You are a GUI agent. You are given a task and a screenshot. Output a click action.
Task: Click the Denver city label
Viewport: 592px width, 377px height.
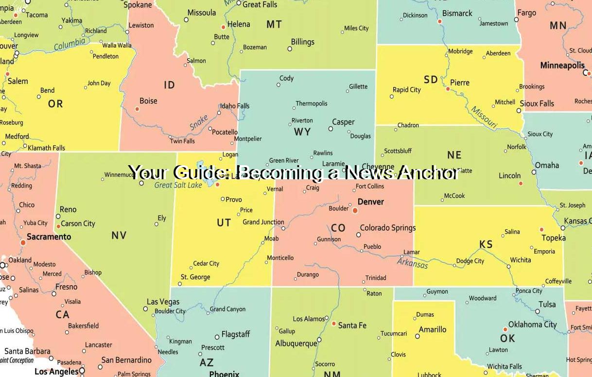click(x=370, y=202)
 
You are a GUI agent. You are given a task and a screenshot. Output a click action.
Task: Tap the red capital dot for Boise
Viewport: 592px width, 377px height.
click(x=137, y=109)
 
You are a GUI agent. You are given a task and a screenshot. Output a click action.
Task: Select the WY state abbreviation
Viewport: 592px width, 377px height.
click(x=302, y=132)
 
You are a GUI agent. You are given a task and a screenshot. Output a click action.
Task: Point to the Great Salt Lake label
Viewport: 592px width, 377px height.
click(x=178, y=185)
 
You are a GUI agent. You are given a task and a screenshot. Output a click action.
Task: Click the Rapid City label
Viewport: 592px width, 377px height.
click(x=406, y=90)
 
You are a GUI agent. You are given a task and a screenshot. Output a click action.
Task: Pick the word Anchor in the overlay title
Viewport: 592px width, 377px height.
click(x=427, y=172)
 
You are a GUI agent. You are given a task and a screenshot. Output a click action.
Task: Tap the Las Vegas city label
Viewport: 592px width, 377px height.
click(x=163, y=302)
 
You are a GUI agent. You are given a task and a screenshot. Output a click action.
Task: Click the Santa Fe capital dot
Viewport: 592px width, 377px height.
click(x=333, y=324)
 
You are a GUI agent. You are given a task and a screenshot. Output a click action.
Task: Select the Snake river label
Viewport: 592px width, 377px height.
click(x=199, y=122)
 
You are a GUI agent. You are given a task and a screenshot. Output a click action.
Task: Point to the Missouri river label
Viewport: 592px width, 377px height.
click(x=484, y=118)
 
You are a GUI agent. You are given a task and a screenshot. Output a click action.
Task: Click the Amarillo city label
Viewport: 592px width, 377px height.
click(x=432, y=329)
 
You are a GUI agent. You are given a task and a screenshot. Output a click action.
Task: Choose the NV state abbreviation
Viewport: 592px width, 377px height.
click(x=119, y=236)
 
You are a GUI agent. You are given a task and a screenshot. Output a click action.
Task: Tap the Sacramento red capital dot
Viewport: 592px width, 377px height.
click(x=23, y=242)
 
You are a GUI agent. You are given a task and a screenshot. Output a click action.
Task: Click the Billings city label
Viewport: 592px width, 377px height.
click(x=302, y=42)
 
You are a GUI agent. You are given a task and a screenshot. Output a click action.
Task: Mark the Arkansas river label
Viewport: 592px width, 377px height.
click(x=412, y=263)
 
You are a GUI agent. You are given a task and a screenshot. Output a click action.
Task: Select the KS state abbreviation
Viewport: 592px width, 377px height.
click(x=486, y=244)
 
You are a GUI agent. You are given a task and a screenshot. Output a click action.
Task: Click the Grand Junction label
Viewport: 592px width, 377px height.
click(x=263, y=222)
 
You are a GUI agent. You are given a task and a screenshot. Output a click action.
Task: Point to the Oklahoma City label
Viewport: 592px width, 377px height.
click(x=532, y=324)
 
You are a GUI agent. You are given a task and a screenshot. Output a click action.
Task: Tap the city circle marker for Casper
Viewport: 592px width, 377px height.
click(x=331, y=129)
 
